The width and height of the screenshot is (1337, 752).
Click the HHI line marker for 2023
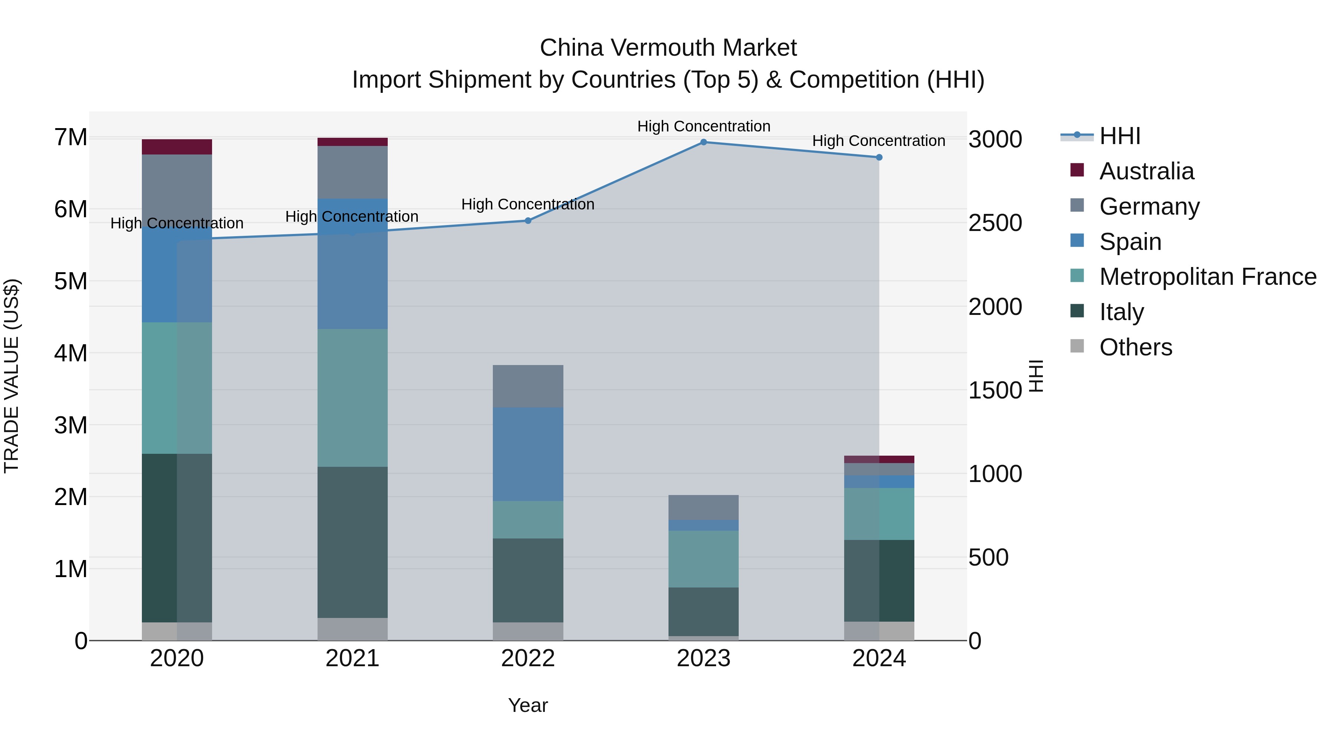[703, 142]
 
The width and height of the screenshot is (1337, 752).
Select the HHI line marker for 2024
[879, 157]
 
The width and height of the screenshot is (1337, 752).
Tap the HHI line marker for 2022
[528, 221]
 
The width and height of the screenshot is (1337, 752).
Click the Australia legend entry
[1146, 171]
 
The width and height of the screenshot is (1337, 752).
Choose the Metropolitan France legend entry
[1207, 277]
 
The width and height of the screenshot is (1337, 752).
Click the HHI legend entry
[1119, 136]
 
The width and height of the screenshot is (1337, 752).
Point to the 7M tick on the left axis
[71, 137]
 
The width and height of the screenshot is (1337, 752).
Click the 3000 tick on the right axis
[995, 140]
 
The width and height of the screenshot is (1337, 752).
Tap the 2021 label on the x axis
[352, 658]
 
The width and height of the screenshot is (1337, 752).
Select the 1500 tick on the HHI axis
[995, 390]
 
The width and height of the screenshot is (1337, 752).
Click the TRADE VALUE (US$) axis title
[12, 376]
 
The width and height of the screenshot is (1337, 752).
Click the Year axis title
[528, 705]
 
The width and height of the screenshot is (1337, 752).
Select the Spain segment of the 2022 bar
[528, 454]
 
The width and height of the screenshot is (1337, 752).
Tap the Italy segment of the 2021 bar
[352, 542]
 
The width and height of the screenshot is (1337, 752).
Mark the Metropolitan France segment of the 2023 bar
[703, 559]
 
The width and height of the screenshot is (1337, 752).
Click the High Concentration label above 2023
[703, 126]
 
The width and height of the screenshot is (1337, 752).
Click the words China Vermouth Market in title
[668, 48]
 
